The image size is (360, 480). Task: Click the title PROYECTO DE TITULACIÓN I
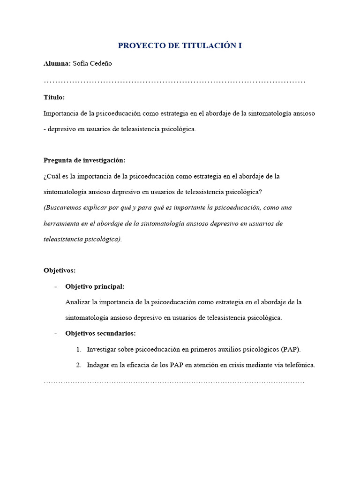[x=180, y=45]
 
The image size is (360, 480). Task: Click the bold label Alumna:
[x=57, y=63]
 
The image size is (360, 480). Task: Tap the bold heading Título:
[x=54, y=97]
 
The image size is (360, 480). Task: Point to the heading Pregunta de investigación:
[x=84, y=160]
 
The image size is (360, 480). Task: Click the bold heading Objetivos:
[x=60, y=270]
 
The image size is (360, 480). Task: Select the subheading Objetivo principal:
[x=95, y=286]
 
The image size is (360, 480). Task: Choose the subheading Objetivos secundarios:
[x=100, y=333]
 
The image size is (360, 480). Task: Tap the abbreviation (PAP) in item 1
[x=291, y=349]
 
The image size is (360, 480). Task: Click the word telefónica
[x=299, y=365]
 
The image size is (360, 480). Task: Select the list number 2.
[x=78, y=365]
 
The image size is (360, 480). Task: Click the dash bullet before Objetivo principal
[x=56, y=286]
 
